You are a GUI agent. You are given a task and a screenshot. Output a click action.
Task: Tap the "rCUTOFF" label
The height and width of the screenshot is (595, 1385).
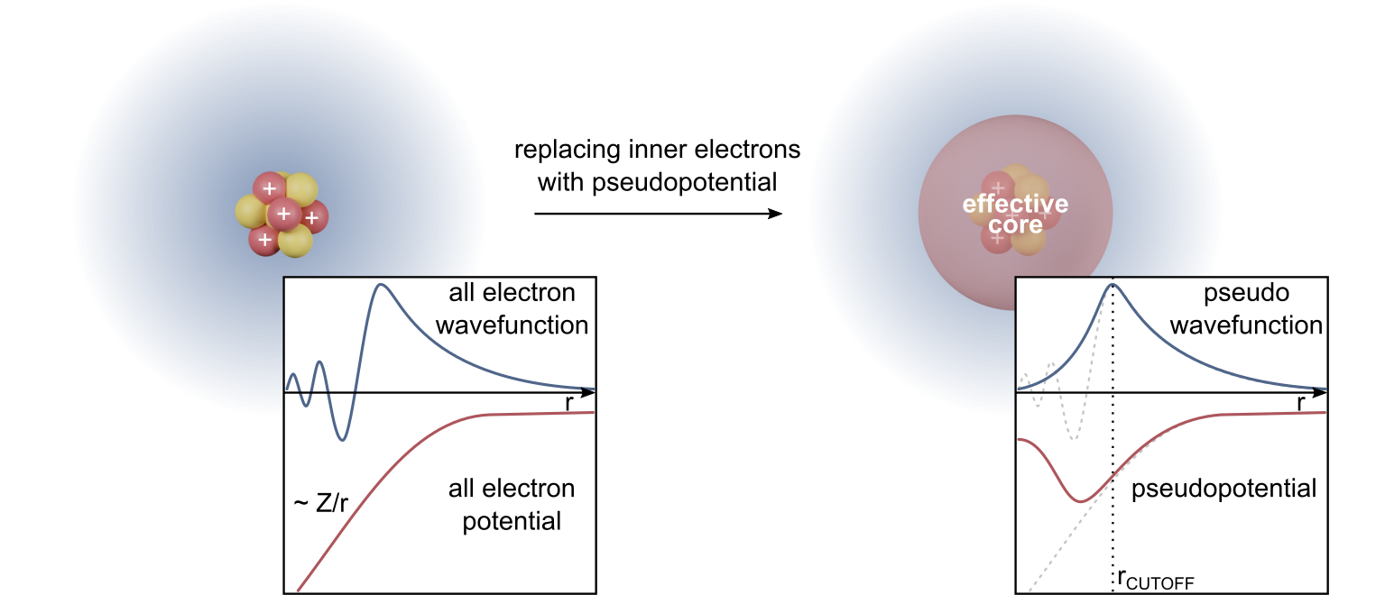coord(1155,580)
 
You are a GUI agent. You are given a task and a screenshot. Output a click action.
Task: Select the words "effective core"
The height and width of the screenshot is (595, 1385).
coord(1015,214)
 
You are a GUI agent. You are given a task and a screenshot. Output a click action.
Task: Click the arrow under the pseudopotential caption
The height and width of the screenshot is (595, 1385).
coord(657,214)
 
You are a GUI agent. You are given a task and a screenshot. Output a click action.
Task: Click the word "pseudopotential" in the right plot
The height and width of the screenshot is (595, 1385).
coord(1223,490)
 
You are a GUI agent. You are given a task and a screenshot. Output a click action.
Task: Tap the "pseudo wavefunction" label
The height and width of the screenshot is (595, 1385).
coord(1246,309)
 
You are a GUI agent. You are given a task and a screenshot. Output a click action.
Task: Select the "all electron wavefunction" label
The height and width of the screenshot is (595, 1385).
coord(512,308)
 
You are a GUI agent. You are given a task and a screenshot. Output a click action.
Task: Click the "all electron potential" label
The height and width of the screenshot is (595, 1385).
coord(512,505)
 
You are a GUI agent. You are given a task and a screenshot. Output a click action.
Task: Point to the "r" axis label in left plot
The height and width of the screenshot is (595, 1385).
coord(568,404)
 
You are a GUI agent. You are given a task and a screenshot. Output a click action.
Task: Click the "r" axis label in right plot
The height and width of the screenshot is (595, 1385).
coord(1301,404)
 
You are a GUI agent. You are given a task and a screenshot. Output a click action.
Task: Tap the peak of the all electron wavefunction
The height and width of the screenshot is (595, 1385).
coord(382,285)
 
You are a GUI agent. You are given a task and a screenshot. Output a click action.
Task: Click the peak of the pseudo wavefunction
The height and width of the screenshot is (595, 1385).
coord(1113,285)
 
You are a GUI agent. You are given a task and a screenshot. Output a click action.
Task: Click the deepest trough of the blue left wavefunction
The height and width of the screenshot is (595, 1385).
coord(341,440)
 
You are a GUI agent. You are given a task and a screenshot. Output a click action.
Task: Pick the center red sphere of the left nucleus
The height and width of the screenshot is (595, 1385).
coord(283,214)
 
